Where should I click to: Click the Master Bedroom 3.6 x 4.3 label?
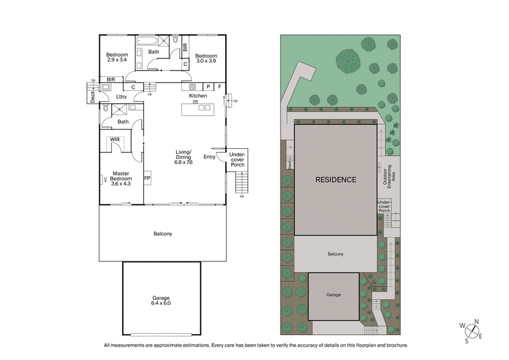pos(121,178)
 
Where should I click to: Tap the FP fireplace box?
pos(147,178)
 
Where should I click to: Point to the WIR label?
pos(115,139)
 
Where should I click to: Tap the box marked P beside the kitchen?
pos(207,87)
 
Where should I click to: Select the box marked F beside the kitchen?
pos(220,87)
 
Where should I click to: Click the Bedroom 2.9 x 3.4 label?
pos(117,58)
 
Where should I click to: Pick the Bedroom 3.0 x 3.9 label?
pos(206,58)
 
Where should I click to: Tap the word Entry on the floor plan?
pos(209,156)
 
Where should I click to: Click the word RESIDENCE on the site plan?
pos(336,179)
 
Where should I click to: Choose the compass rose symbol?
pos(473,331)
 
